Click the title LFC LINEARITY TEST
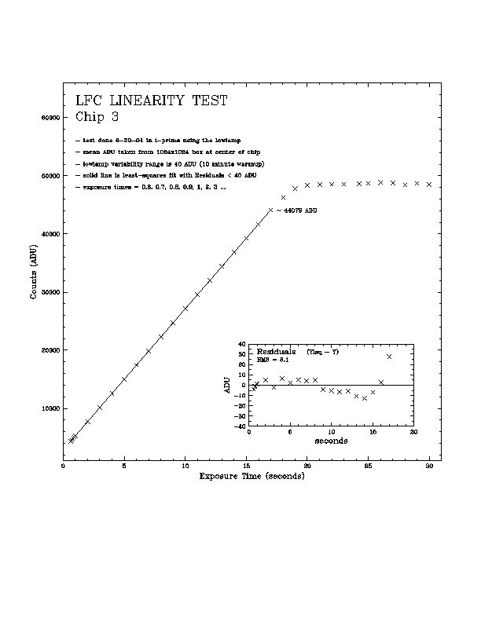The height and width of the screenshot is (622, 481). tap(151, 101)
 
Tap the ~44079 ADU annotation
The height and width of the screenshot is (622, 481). tap(296, 210)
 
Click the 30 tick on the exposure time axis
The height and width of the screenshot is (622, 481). tap(429, 466)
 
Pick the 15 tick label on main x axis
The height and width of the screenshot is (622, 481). tap(246, 466)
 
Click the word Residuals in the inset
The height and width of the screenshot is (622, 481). tap(276, 351)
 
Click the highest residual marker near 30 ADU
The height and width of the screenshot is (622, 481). tap(389, 357)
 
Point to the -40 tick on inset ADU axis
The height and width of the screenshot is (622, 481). tap(240, 426)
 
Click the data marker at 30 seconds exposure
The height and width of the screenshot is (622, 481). tap(429, 185)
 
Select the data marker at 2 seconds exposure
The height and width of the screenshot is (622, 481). tap(88, 422)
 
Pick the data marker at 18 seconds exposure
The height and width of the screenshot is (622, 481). tap(283, 197)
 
